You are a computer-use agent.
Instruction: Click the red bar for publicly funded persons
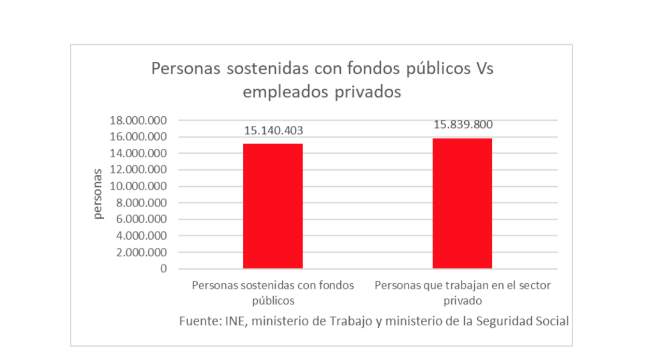[x=273, y=206]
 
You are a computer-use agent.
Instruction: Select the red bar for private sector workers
[x=462, y=203]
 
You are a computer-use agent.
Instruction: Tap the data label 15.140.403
[x=273, y=130]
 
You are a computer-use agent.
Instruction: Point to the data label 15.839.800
[x=463, y=125]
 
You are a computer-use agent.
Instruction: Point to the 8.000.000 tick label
[x=141, y=203]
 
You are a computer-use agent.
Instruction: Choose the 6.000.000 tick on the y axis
[x=141, y=219]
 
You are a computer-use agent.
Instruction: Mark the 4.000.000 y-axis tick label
[x=141, y=236]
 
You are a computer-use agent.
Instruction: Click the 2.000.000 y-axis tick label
[x=141, y=253]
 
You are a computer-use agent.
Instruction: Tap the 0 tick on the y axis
[x=164, y=269]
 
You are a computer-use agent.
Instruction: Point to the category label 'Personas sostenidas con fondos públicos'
[x=273, y=293]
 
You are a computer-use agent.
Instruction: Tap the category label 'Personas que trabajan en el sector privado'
[x=462, y=293]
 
